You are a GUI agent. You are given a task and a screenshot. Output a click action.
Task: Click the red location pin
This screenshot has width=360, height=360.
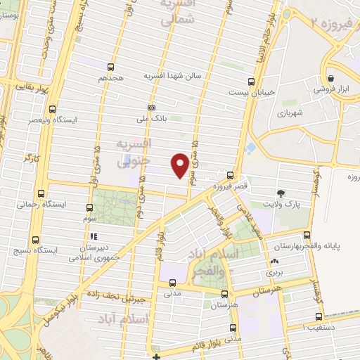point(179,164)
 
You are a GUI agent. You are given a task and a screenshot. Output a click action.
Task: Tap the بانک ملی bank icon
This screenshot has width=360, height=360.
point(151,108)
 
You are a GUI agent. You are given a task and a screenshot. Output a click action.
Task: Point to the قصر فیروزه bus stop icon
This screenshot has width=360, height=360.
point(230,174)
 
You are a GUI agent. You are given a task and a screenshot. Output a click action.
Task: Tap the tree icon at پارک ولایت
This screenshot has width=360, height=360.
point(282,193)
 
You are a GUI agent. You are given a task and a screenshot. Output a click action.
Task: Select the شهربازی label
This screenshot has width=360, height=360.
point(289,112)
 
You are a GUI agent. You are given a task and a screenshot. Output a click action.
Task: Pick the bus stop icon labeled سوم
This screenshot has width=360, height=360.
point(89,207)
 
